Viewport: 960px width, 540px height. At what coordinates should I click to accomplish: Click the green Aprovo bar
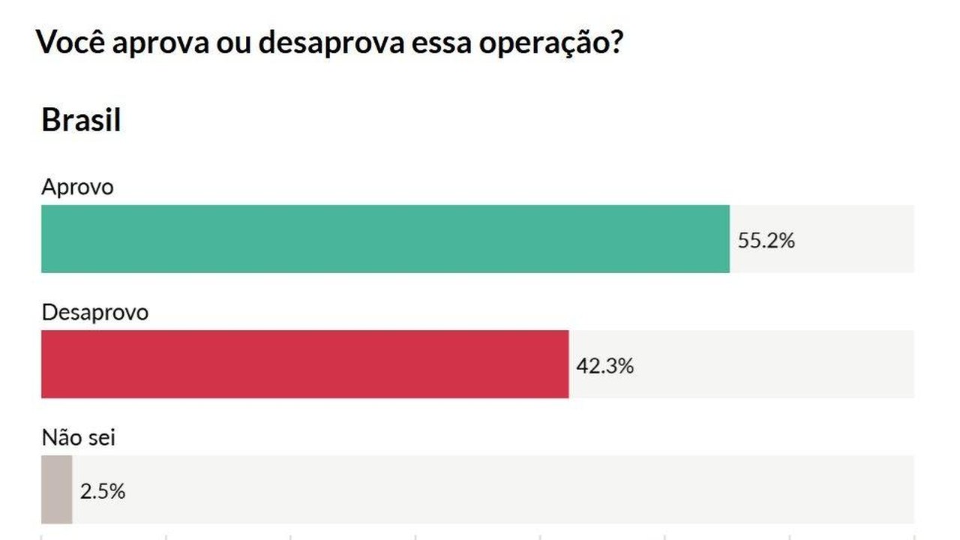tap(385, 238)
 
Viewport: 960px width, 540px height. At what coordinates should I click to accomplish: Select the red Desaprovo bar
tap(304, 364)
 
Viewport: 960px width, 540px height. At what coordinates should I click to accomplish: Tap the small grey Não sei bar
tap(56, 489)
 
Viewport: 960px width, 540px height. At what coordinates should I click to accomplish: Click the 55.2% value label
tap(766, 241)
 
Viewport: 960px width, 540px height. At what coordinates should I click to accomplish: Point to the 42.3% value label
tap(604, 366)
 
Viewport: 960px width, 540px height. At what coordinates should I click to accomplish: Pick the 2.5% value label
tap(102, 491)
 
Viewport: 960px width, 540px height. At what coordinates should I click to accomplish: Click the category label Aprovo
tap(77, 187)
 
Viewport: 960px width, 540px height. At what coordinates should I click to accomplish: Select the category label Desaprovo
tap(94, 312)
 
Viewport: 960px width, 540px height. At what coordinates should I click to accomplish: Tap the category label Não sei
tap(78, 436)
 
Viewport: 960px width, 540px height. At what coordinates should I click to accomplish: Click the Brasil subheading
tap(81, 120)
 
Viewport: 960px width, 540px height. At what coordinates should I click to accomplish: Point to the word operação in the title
tap(539, 43)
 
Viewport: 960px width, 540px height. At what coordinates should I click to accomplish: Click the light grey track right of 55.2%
tap(855, 238)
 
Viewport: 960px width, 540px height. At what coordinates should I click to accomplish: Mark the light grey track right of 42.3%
tap(772, 364)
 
